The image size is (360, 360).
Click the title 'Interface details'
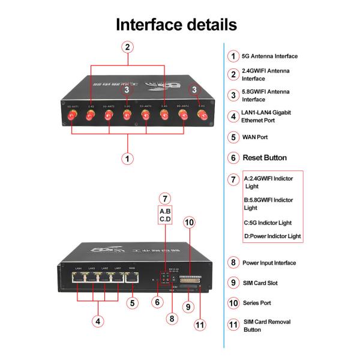pos(176,25)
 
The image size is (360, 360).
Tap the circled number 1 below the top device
pos(127,158)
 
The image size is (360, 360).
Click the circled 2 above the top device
pos(127,46)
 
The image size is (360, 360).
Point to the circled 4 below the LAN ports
pos(98,320)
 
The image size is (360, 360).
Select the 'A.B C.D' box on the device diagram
pos(166,215)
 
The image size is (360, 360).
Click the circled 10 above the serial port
pos(189,222)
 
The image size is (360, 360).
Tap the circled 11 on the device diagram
pos(199,326)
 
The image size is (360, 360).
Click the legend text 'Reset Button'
pos(265,158)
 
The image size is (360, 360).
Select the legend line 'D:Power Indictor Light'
pos(272,236)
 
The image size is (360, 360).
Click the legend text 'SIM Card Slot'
pos(260,283)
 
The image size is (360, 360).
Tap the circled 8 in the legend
pos(233,262)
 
